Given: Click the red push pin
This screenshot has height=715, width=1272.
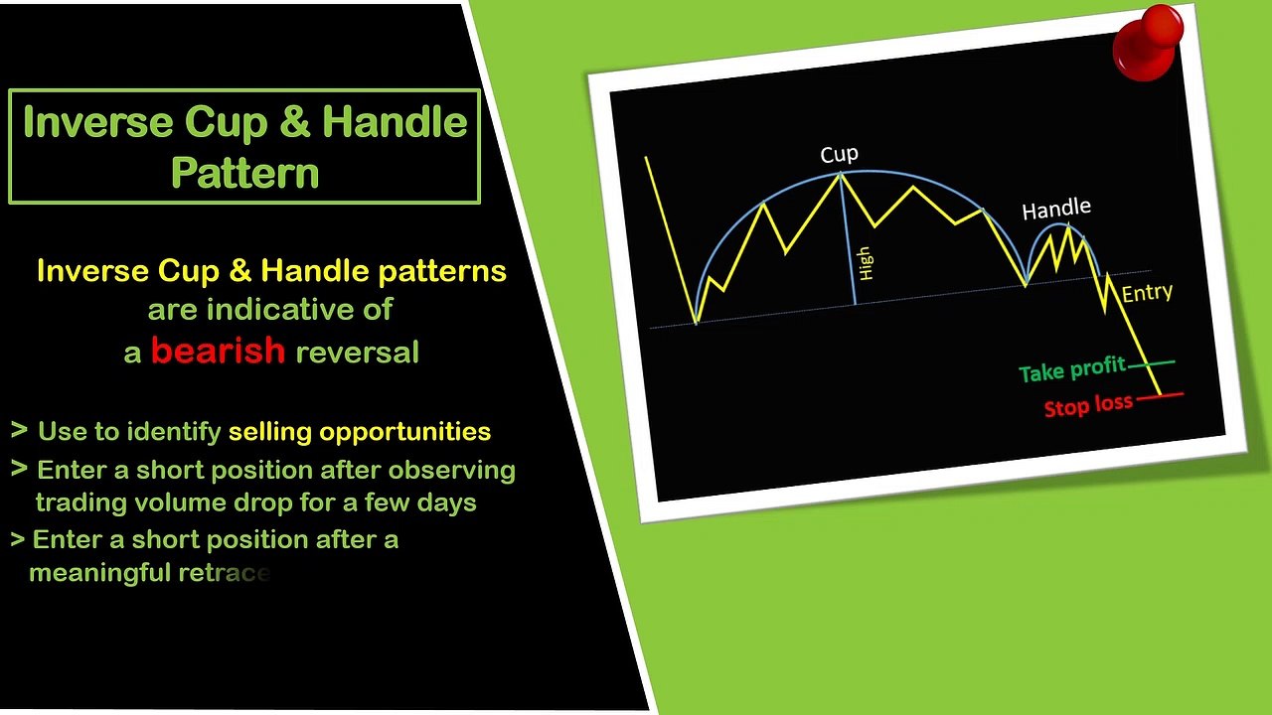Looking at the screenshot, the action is pos(1148,43).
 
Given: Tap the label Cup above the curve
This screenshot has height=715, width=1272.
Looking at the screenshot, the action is pos(840,154).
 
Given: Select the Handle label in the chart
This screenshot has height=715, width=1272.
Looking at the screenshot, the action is pos(1056,209).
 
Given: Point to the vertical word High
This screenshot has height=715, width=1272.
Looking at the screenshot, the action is pos(865,263).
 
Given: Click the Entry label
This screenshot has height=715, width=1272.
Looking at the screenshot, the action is pos(1147,293).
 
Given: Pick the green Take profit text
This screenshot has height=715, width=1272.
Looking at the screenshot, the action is pos(1072,369).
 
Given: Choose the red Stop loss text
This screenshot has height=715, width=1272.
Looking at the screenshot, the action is pos(1088,405).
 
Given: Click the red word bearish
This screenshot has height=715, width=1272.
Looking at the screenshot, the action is pos(218,351).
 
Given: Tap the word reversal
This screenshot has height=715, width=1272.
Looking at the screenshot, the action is pos(357,353).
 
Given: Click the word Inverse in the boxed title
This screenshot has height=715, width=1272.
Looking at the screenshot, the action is pos(97,122).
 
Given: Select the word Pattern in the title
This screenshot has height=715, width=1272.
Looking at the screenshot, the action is pos(244,173).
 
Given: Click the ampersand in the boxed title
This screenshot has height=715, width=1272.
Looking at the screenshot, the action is pos(295,121).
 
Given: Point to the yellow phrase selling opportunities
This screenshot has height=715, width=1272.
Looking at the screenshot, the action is pos(360,432).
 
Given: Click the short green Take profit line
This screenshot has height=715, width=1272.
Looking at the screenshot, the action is pos(1151,363).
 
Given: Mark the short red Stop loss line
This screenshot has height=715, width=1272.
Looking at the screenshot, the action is pos(1160,395).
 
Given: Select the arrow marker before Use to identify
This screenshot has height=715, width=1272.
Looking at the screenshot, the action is pos(19,430).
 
